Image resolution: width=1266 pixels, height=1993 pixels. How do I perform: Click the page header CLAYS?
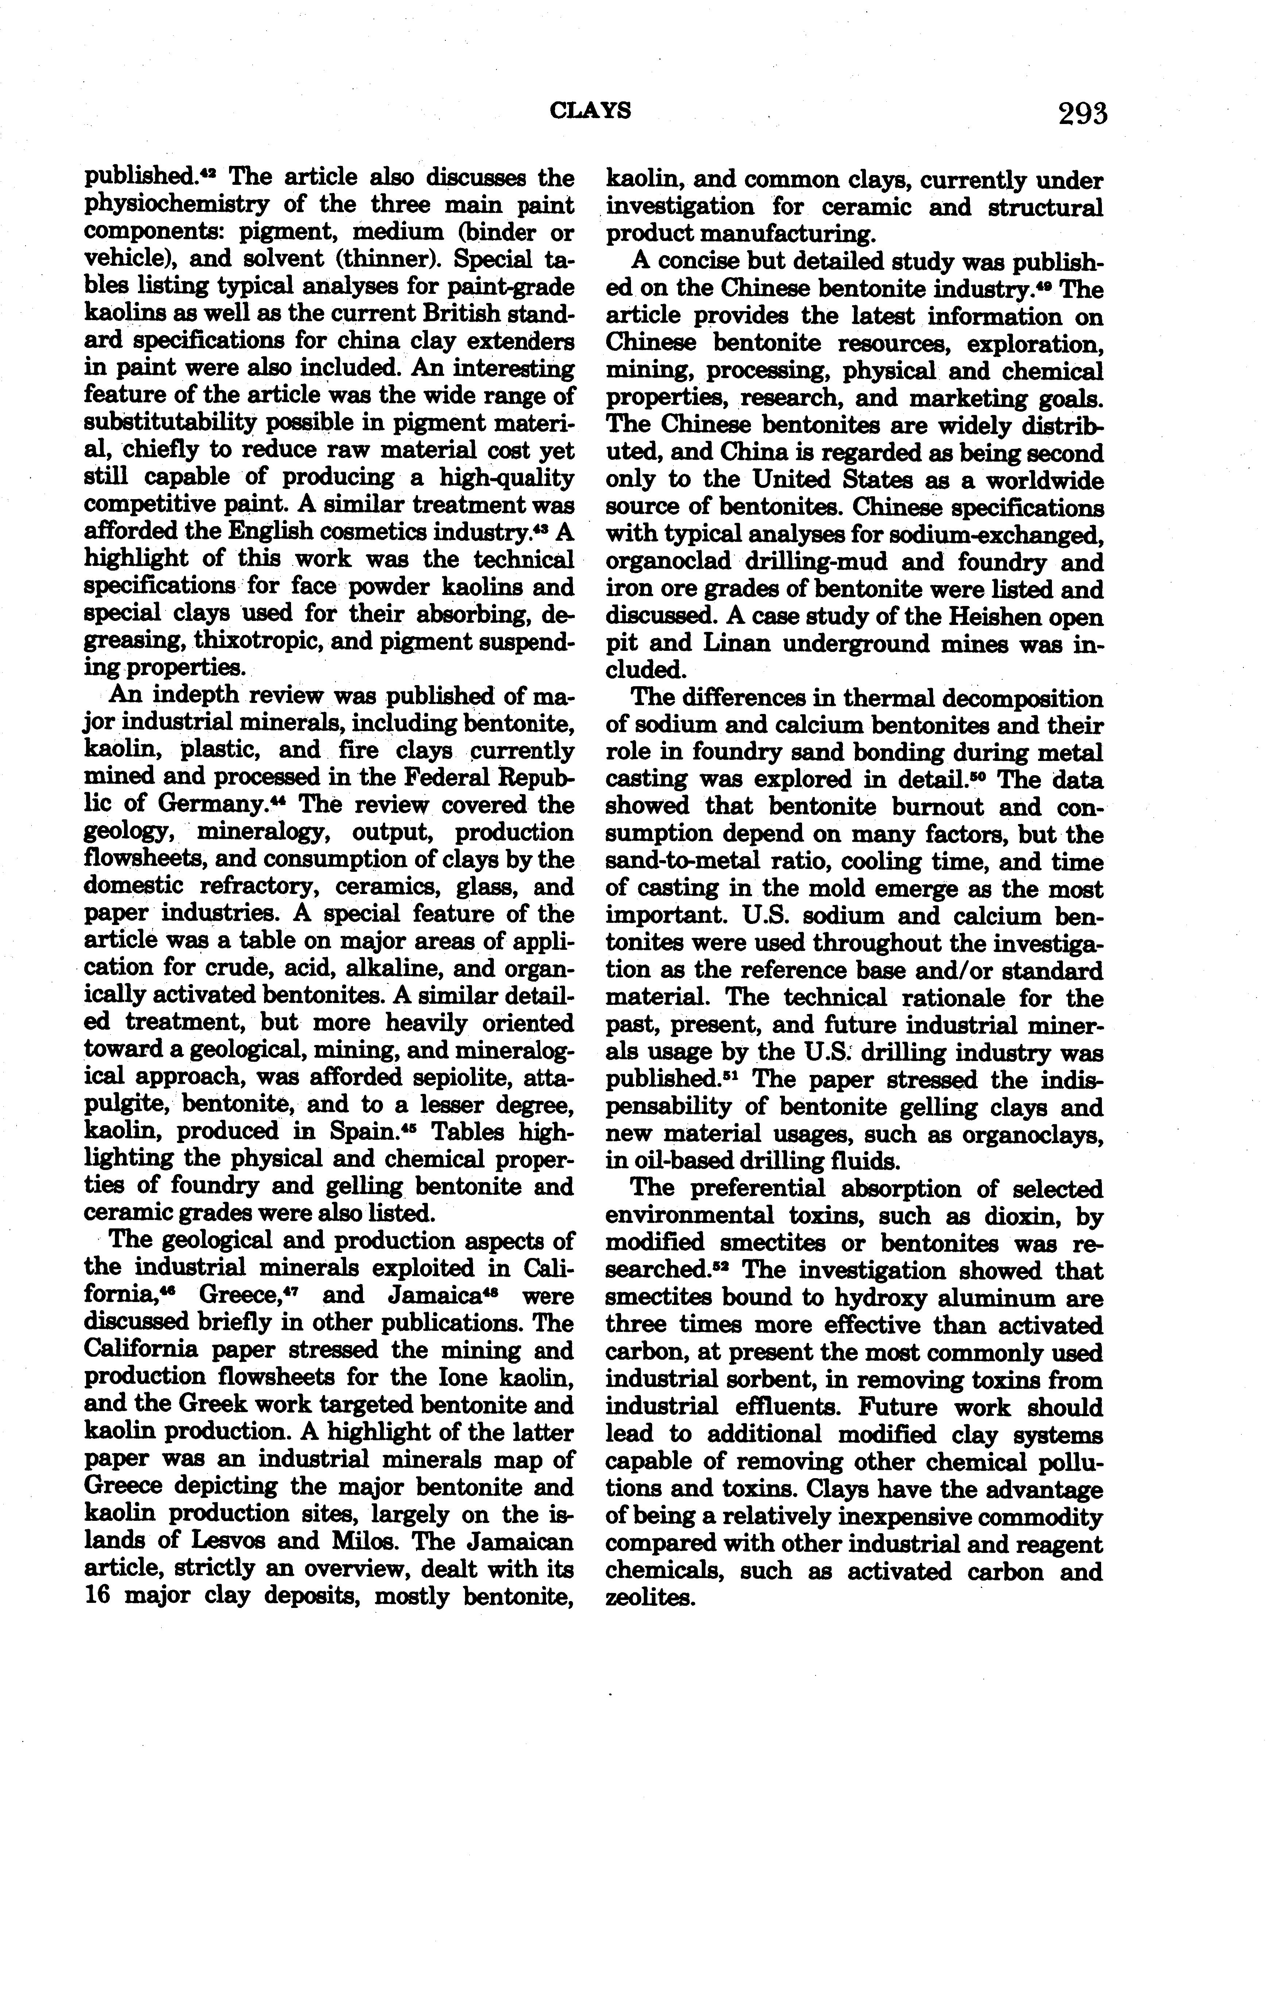click(591, 110)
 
